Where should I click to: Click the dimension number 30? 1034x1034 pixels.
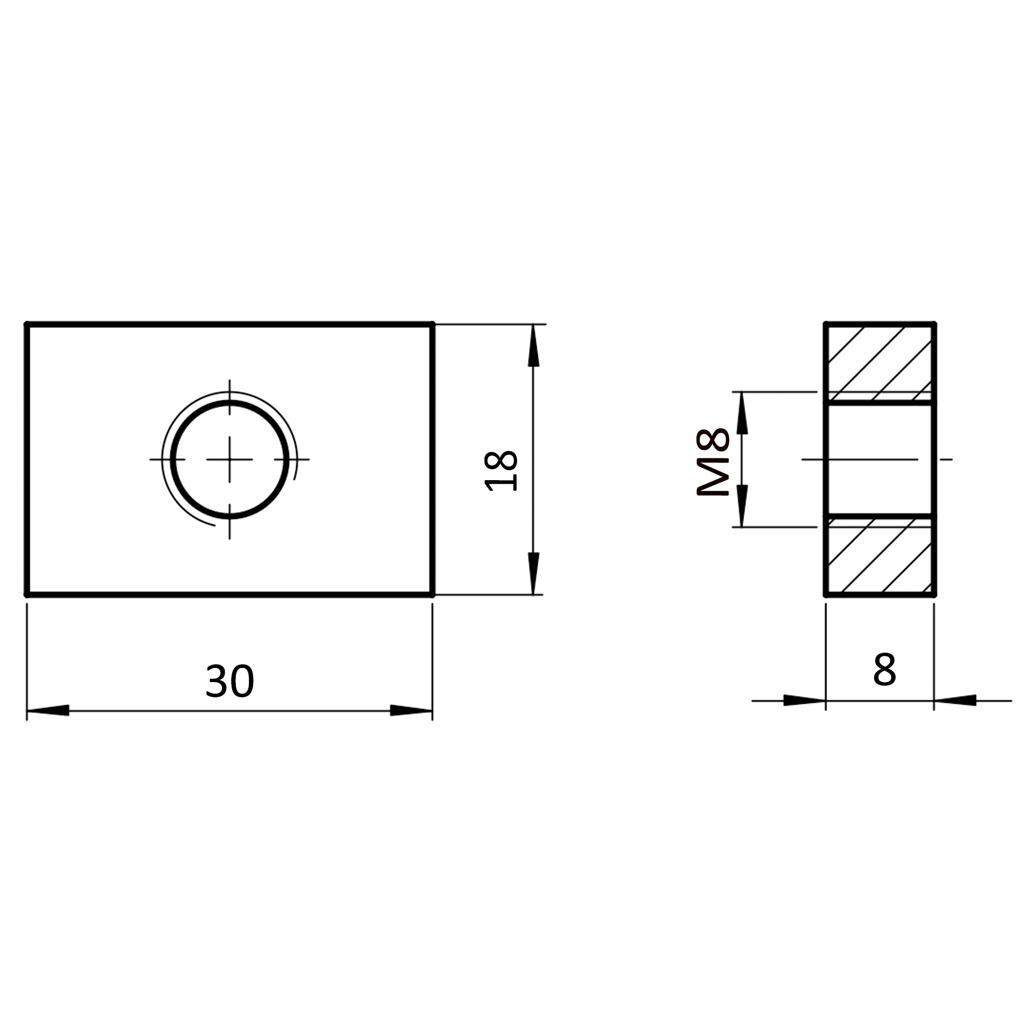(x=230, y=681)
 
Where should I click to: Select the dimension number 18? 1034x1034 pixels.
(x=501, y=471)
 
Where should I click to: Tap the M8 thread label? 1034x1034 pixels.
(x=713, y=462)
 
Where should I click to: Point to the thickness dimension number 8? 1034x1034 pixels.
(x=884, y=669)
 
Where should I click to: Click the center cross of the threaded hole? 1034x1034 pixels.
(x=230, y=459)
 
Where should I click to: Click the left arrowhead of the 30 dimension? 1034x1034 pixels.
(x=48, y=710)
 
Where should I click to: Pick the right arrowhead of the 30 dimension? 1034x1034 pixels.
(x=411, y=710)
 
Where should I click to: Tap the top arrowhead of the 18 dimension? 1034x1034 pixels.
(x=533, y=346)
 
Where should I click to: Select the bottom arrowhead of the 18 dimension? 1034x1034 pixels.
(x=533, y=573)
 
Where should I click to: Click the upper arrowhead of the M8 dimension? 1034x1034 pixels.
(x=742, y=412)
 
